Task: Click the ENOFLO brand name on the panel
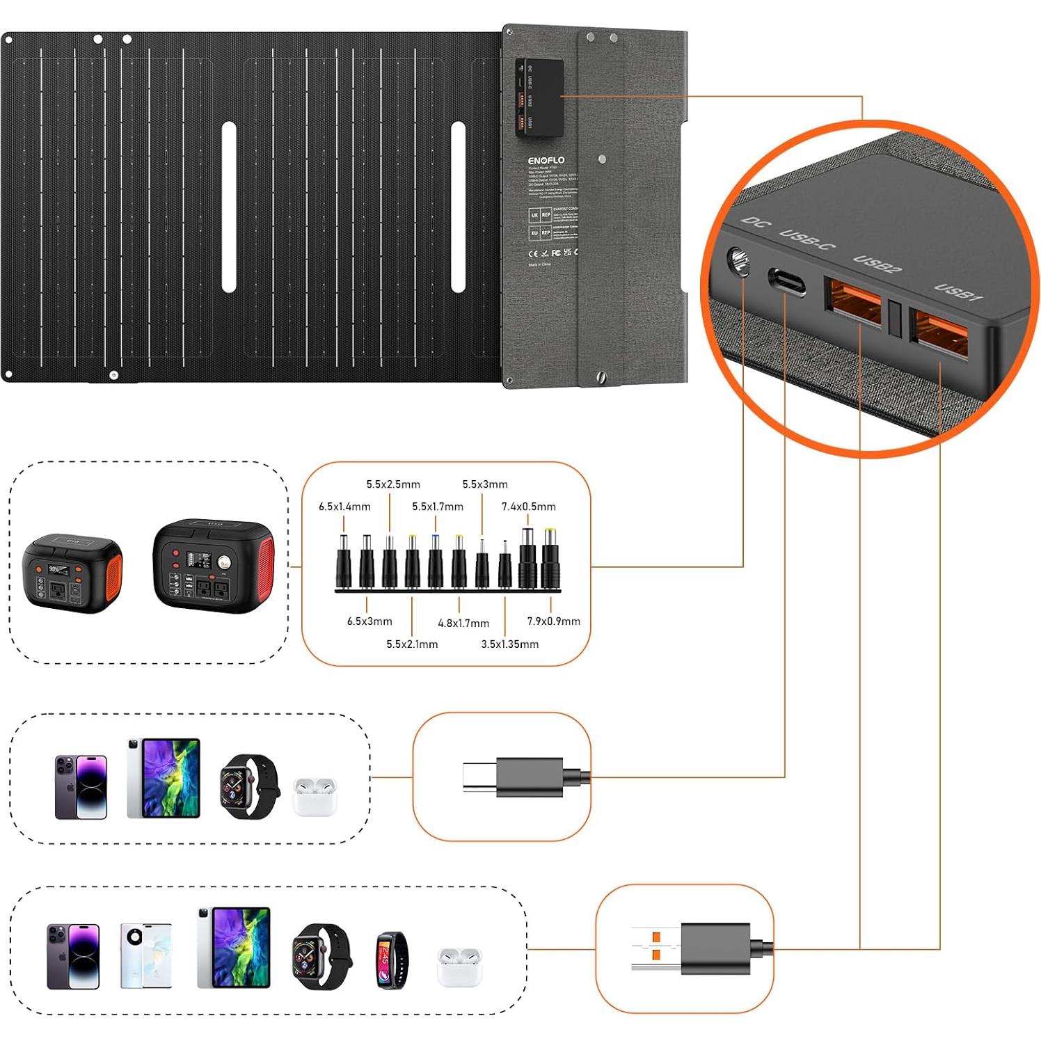546,160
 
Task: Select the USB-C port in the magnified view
786,281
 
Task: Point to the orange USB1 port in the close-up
940,335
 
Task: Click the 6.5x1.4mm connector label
344,507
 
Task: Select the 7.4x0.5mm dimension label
528,507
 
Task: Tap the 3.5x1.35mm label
509,644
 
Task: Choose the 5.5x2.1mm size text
412,644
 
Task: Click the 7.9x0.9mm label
553,621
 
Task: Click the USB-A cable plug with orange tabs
696,948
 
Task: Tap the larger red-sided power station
213,566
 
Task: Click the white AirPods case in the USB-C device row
315,797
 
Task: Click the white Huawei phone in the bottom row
145,955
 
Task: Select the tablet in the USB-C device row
164,778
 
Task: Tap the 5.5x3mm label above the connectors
485,484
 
